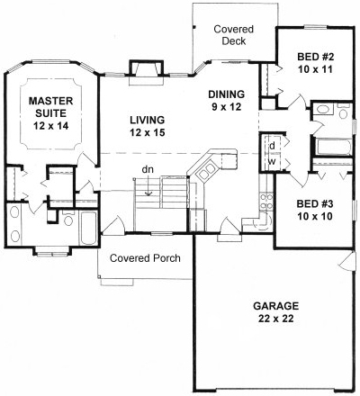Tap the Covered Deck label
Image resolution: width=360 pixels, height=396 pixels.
pos(232,35)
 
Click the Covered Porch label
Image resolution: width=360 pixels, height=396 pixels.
pos(145,258)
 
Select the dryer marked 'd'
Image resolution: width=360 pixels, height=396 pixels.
pos(271,145)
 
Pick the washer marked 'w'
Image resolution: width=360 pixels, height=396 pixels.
pos(271,163)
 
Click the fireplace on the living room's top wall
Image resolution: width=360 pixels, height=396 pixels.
pos(144,69)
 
